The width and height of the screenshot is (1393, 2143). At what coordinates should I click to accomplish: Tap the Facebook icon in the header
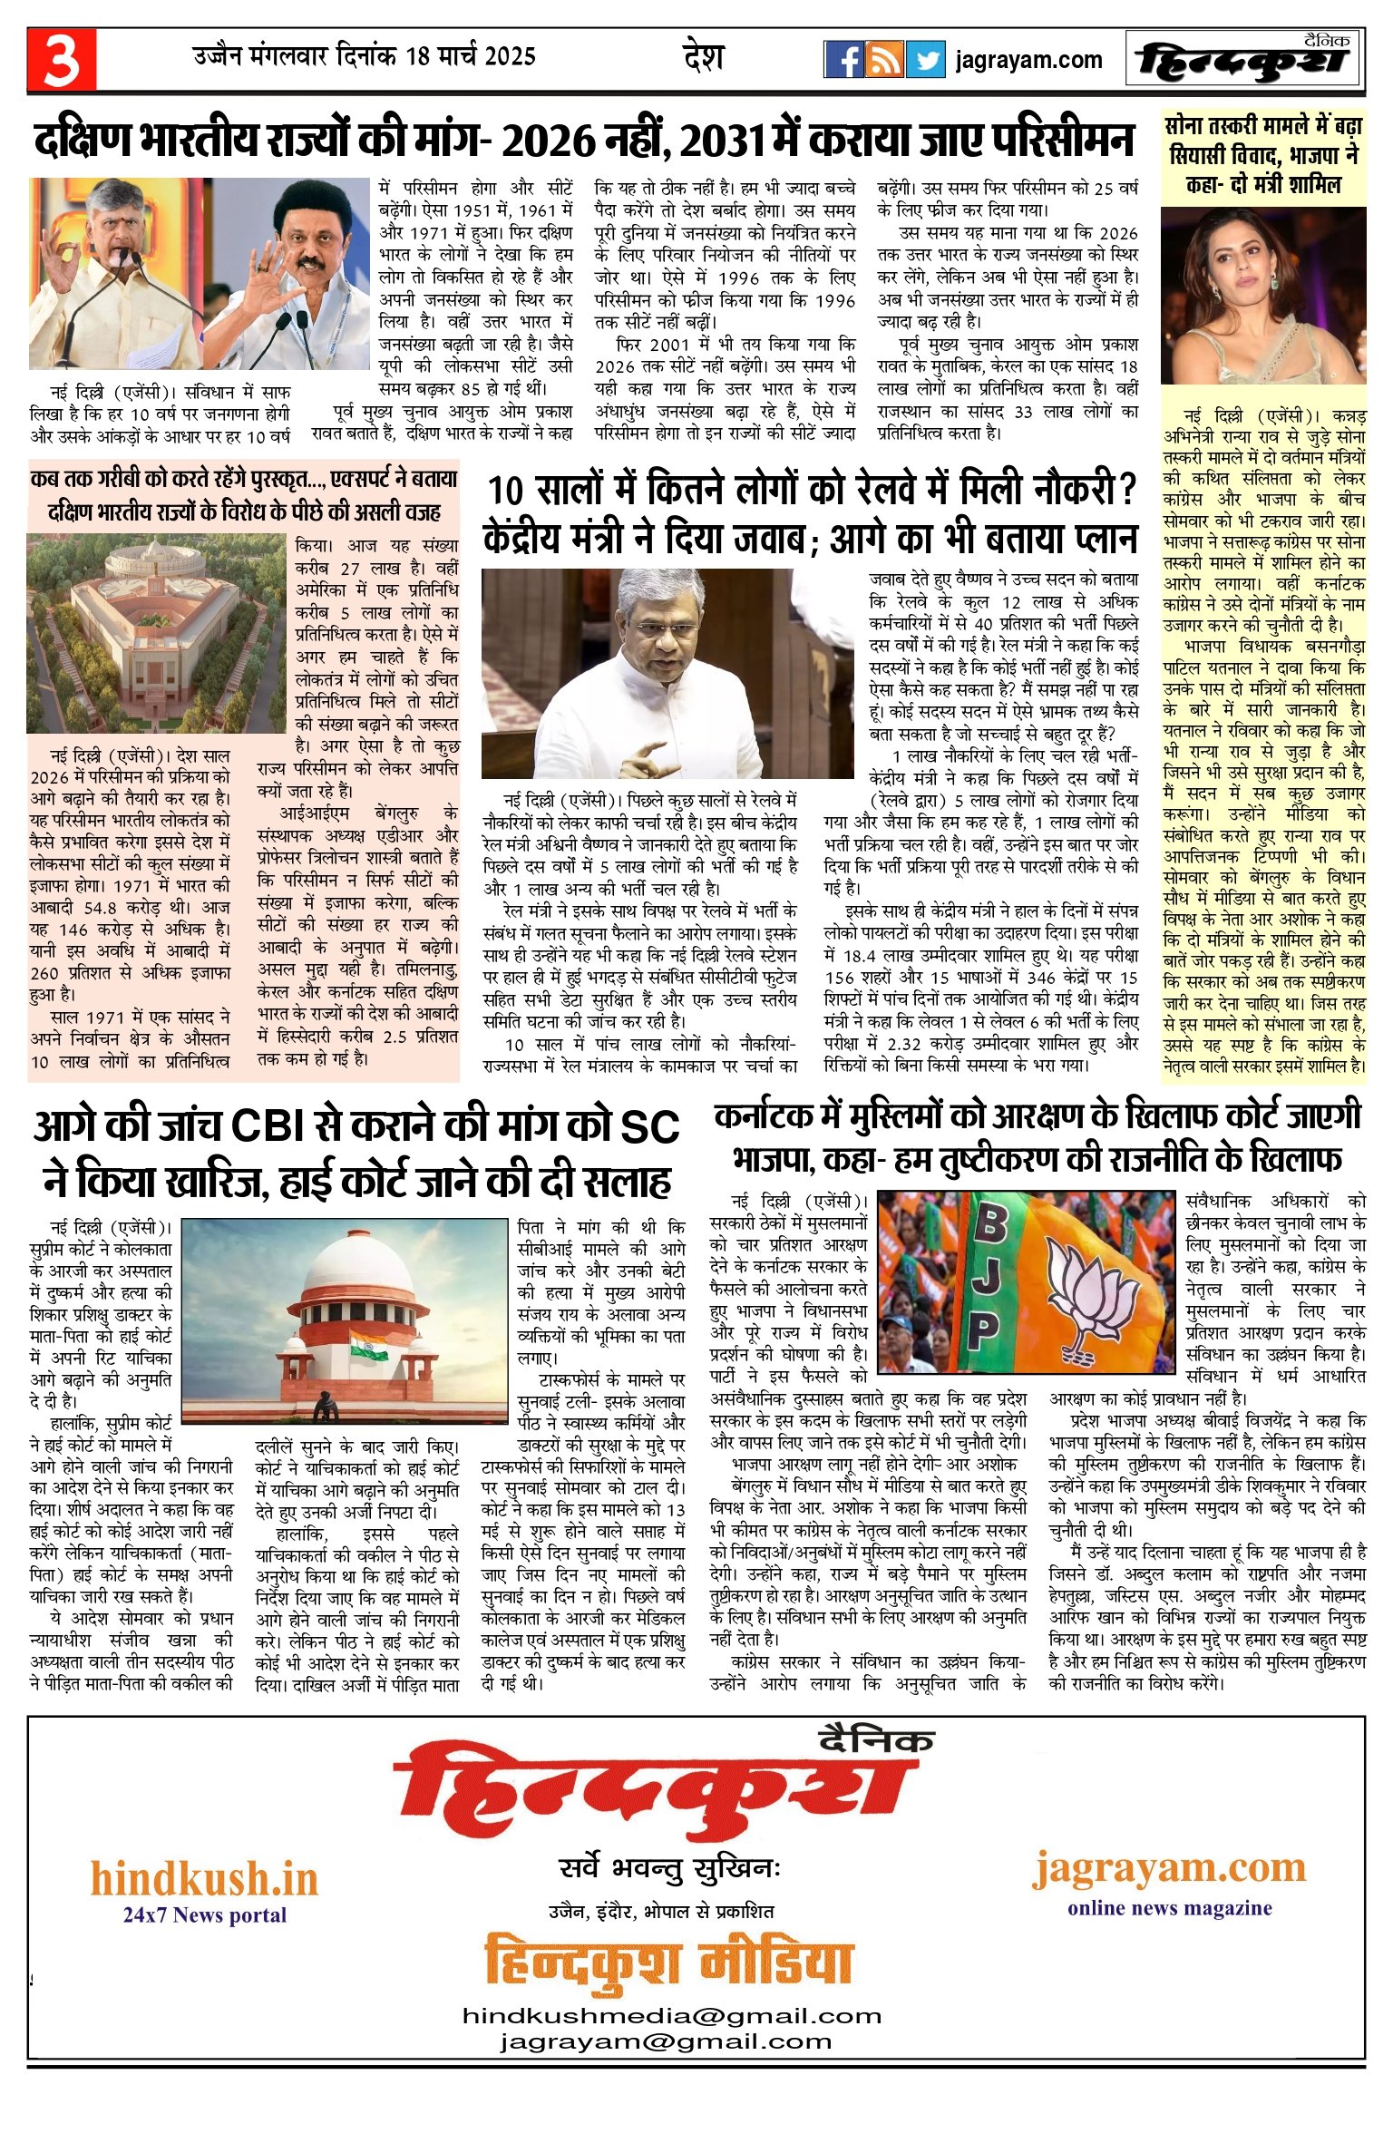[x=843, y=60]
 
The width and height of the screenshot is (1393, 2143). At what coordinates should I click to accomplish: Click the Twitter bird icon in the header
[x=925, y=60]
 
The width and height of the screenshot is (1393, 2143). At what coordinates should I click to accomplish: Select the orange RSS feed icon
[x=884, y=60]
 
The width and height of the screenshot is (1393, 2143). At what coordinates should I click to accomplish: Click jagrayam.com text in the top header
[x=1028, y=61]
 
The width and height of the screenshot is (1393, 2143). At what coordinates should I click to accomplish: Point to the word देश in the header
[x=703, y=57]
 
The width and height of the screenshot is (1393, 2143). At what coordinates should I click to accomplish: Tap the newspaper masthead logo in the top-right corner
[x=1243, y=60]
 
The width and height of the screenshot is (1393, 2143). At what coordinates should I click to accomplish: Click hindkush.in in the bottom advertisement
[x=204, y=1878]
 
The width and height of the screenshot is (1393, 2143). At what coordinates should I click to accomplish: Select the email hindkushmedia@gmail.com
[x=672, y=2016]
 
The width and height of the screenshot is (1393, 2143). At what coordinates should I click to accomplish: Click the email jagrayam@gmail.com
[x=666, y=2041]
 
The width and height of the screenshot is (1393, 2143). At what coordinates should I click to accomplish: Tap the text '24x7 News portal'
[x=205, y=1915]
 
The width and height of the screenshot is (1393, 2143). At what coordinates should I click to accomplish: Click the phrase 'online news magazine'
[x=1169, y=1908]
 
